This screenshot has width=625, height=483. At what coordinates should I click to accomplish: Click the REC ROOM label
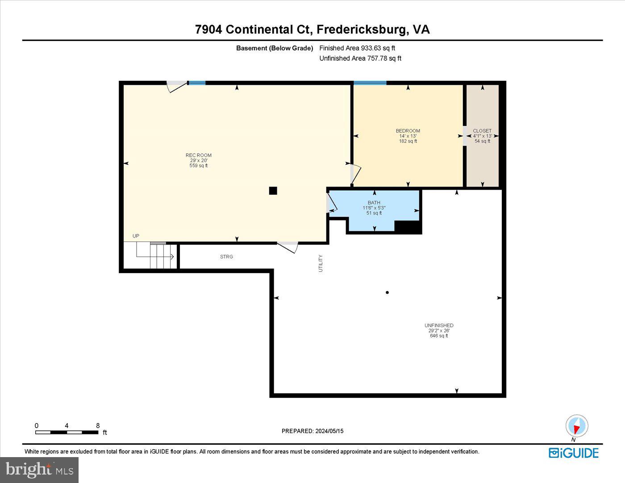coord(199,155)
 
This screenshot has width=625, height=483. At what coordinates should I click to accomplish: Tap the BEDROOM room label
coord(408,131)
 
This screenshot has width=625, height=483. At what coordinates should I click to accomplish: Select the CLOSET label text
coord(482,131)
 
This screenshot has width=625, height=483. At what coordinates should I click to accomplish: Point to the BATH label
coord(374,203)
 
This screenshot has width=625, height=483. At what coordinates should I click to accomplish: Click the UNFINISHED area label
coord(439,325)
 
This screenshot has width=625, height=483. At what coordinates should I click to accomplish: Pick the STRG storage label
coord(226,257)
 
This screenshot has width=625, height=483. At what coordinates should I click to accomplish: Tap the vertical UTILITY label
coord(321,263)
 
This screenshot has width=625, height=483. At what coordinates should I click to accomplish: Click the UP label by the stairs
coord(136,236)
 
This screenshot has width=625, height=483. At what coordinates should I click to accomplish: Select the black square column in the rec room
coord(273,191)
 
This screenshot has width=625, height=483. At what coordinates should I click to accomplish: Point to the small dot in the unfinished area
coord(387,292)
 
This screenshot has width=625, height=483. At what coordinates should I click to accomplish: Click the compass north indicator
coord(577,426)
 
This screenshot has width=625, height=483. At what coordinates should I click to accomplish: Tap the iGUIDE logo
coord(574,453)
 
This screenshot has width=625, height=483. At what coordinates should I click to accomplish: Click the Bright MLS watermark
coord(40,470)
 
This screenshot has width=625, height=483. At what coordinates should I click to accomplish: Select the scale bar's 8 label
coord(98,425)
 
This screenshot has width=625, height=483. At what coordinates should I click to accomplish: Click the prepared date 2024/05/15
coord(329,431)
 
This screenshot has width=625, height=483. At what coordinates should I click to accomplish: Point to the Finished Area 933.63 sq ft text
coord(357,48)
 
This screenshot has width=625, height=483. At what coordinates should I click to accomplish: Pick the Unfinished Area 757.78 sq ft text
coord(360,58)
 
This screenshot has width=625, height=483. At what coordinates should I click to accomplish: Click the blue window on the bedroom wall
coord(370,83)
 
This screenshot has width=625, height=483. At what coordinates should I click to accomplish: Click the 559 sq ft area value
coord(199,166)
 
